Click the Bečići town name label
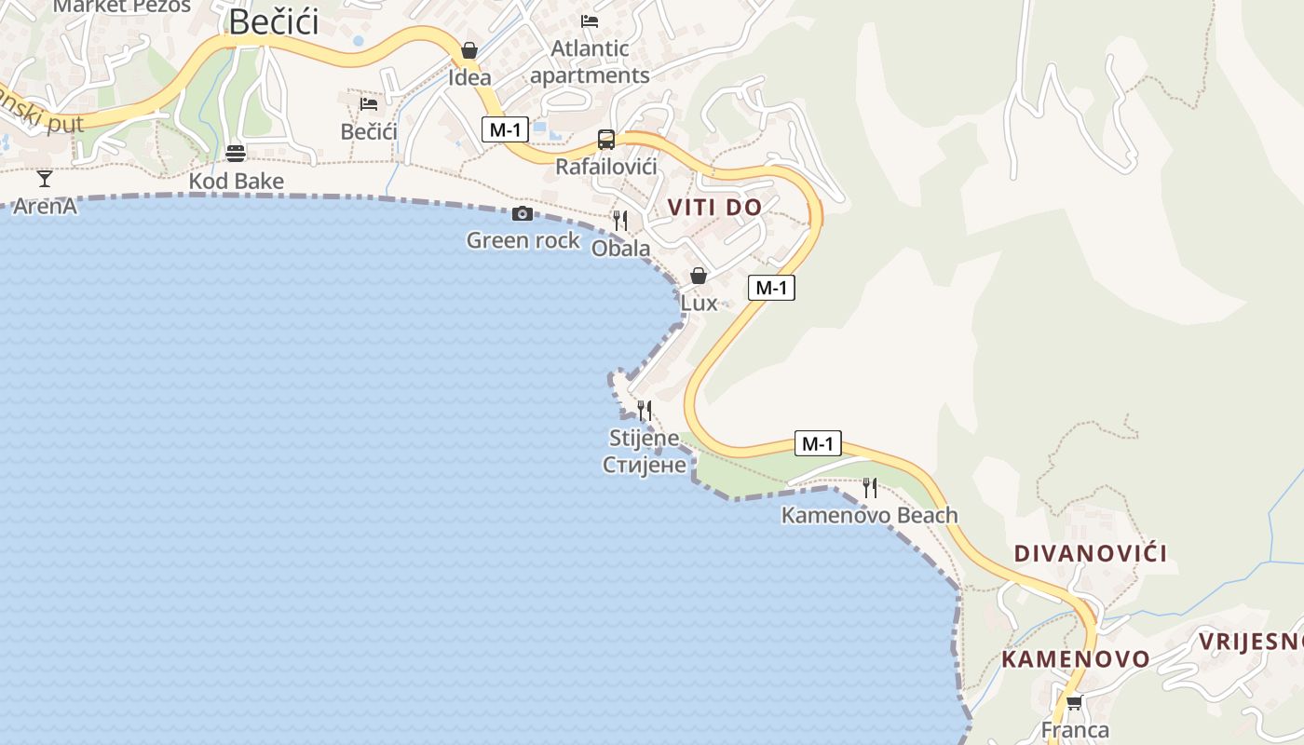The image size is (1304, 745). [x=273, y=21]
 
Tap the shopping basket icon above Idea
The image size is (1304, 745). [x=469, y=50]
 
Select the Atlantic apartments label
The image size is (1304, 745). [x=590, y=61]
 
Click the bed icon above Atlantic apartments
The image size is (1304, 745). [x=590, y=20]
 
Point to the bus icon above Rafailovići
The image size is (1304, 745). [x=606, y=140]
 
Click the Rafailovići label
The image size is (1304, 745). [x=606, y=167]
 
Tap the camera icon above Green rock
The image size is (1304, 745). [x=523, y=214]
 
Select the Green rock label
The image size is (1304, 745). [x=523, y=240]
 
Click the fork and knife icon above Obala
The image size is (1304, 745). [x=620, y=221]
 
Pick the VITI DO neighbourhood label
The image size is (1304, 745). [x=714, y=208]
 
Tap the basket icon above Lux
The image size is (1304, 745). [x=699, y=276]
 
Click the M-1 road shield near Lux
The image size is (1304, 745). [x=771, y=288]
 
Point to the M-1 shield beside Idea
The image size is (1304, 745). [x=505, y=129]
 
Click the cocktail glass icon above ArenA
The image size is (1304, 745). [x=45, y=179]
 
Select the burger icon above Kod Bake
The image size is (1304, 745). [x=236, y=154]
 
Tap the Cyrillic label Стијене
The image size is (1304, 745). [x=645, y=464]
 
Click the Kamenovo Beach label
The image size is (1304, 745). [x=869, y=515]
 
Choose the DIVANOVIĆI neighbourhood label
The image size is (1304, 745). [x=1090, y=553]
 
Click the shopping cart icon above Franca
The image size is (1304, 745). [x=1074, y=703]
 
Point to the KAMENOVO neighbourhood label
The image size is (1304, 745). [x=1076, y=659]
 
